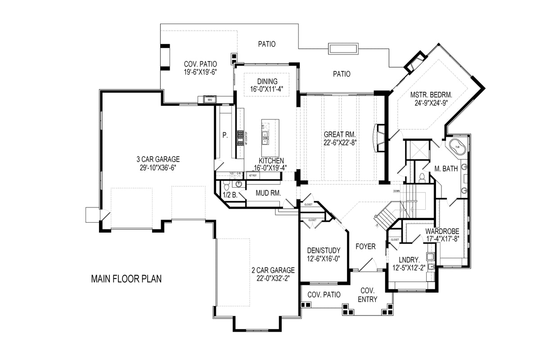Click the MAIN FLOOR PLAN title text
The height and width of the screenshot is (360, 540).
[126, 279]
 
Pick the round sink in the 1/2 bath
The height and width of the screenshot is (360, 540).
[238, 184]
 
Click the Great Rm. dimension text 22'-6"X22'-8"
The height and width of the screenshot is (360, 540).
[340, 143]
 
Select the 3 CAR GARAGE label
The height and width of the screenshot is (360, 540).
[158, 159]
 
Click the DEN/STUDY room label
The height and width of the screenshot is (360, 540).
[324, 250]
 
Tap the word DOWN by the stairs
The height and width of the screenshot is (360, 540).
[396, 191]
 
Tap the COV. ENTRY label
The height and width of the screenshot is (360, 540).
[368, 296]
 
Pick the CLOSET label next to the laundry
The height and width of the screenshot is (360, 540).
[395, 240]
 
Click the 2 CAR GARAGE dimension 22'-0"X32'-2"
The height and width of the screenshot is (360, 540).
[273, 278]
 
